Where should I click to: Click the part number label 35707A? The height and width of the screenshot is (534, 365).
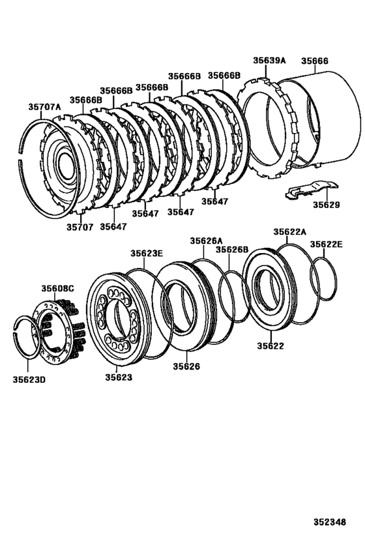(x=44, y=106)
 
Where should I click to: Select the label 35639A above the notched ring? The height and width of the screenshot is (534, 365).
(x=270, y=60)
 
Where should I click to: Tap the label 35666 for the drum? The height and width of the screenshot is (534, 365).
(x=315, y=61)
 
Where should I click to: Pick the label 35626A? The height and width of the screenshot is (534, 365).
(x=206, y=241)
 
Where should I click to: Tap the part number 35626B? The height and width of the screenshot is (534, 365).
(x=232, y=250)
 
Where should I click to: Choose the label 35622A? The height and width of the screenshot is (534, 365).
(x=289, y=231)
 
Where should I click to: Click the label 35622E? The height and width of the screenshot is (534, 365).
(x=326, y=244)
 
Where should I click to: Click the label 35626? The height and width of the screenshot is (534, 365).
(x=186, y=366)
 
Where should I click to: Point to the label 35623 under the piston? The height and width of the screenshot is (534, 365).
(x=119, y=377)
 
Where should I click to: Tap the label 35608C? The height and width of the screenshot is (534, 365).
(x=58, y=288)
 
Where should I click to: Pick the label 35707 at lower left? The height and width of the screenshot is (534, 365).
(x=80, y=227)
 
